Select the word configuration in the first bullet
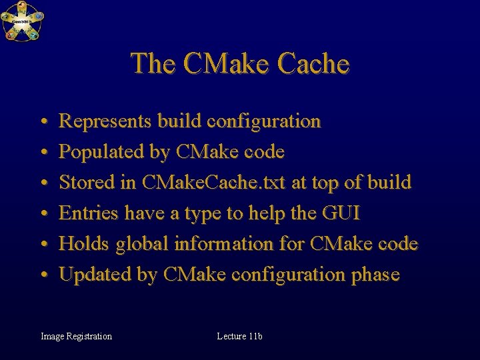(x=264, y=121)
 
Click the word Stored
(x=83, y=183)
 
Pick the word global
(x=142, y=244)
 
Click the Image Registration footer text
(x=76, y=336)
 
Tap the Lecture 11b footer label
(x=239, y=336)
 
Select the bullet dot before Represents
(x=42, y=122)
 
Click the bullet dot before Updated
(x=42, y=275)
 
